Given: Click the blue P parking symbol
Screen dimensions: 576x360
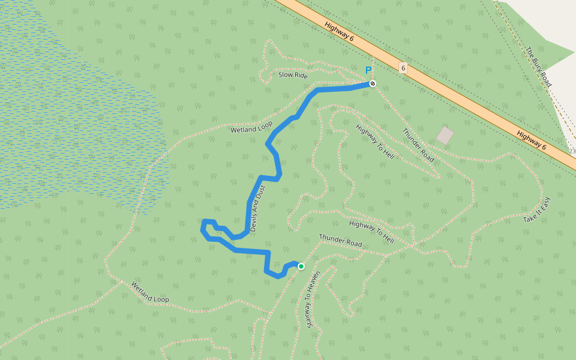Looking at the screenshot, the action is coord(368,70).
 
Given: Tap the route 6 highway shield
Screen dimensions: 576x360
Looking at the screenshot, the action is coord(403,68).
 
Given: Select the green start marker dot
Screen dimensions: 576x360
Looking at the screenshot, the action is coord(301,266).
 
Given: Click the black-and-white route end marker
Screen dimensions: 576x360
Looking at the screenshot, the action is coord(373,83).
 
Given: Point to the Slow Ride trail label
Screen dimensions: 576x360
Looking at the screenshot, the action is coord(293,76).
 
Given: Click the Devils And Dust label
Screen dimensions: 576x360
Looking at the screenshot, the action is coord(257,209).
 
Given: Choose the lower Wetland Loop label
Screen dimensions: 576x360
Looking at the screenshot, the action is coord(150,292).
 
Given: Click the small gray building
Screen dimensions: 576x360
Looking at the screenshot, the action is coord(445,135).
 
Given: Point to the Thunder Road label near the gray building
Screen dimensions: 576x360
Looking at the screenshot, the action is coord(418,145).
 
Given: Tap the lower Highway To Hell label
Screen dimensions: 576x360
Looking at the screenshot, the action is coord(371,232).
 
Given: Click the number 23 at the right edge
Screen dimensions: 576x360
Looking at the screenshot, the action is coord(571,151).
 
